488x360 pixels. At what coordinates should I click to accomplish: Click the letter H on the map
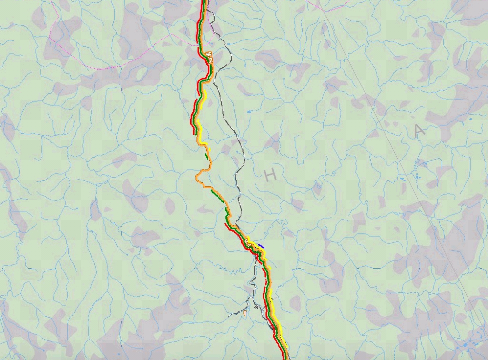pyautogui.click(x=270, y=175)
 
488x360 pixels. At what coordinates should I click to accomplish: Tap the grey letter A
pyautogui.click(x=419, y=131)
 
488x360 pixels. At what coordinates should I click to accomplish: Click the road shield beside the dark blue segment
pyautogui.click(x=248, y=240)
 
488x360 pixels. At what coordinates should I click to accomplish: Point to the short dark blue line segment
pyautogui.click(x=261, y=246)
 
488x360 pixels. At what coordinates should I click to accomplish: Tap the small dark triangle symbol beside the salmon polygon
pyautogui.click(x=255, y=307)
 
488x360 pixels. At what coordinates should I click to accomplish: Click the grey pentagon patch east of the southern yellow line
pyautogui.click(x=295, y=303)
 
